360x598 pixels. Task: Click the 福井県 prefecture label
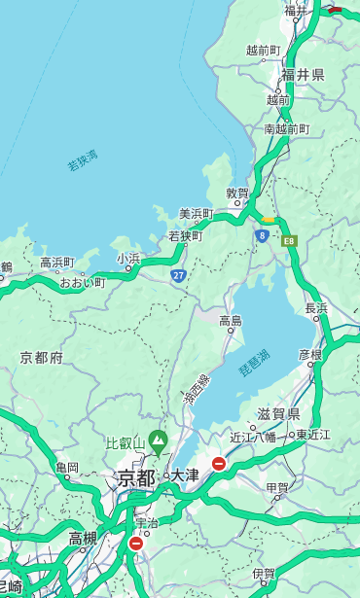(303, 75)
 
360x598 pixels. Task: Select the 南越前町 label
(286, 128)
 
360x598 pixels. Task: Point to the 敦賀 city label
(237, 193)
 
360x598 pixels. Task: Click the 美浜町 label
(196, 213)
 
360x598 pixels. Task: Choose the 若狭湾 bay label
(83, 160)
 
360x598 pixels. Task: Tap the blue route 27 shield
(178, 276)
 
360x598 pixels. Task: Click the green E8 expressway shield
(289, 239)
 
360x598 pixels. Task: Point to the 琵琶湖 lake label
(254, 365)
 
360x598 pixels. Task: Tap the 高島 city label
(231, 321)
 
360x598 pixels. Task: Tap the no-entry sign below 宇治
(135, 544)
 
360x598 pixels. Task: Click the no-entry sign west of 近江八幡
(219, 464)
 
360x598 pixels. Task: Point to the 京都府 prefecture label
(41, 358)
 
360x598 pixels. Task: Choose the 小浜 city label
(128, 258)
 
